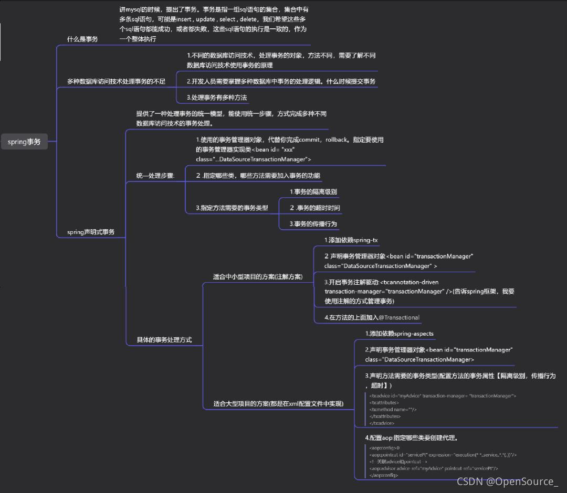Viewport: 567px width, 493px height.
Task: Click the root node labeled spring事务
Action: (24, 142)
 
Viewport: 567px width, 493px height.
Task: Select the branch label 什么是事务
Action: (82, 39)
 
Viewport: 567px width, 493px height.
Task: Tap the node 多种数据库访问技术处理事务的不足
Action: (116, 81)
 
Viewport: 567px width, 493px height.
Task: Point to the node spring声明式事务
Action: (91, 232)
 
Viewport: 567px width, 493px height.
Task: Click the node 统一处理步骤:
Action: (155, 176)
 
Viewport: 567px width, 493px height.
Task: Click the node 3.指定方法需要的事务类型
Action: (232, 208)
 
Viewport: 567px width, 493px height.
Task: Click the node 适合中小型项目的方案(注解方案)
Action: (257, 276)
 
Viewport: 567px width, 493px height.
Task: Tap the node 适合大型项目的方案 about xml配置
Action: (278, 404)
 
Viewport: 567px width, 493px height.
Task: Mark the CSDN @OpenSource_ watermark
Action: (507, 481)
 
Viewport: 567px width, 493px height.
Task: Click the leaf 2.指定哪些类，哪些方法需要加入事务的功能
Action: (257, 176)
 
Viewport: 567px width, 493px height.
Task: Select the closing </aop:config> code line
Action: (383, 475)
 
